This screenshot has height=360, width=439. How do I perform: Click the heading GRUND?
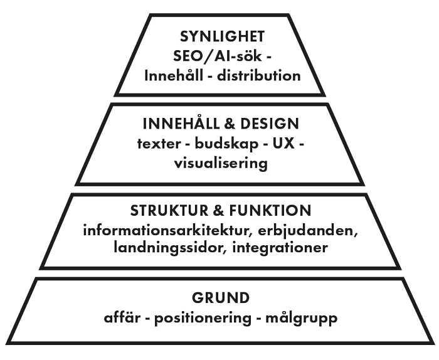tap(219, 297)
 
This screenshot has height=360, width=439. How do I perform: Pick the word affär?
tap(123, 317)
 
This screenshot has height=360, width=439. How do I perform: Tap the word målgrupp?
tap(302, 318)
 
